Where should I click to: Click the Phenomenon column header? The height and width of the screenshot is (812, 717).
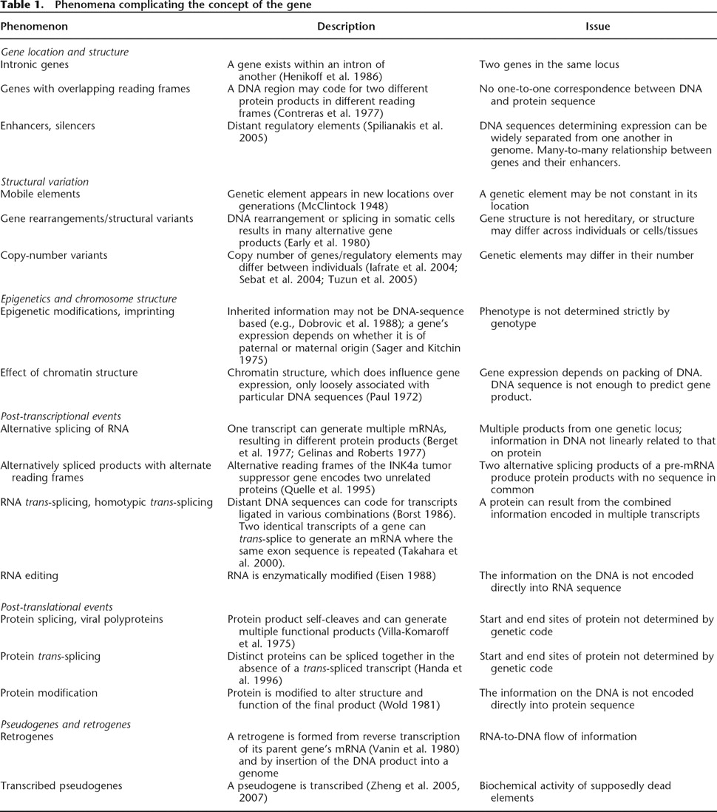point(34,26)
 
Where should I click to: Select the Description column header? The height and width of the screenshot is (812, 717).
point(346,26)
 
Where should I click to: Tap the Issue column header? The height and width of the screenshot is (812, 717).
point(597,26)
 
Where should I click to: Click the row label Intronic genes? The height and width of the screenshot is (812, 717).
point(35,64)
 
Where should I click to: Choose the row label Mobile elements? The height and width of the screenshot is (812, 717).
point(40,194)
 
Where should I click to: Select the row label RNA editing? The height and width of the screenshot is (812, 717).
point(29,574)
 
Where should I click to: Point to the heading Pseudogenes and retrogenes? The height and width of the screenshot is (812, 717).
point(66,724)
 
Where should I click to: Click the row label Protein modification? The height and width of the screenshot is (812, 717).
point(49,693)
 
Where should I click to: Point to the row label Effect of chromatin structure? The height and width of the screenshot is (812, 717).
point(69,373)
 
